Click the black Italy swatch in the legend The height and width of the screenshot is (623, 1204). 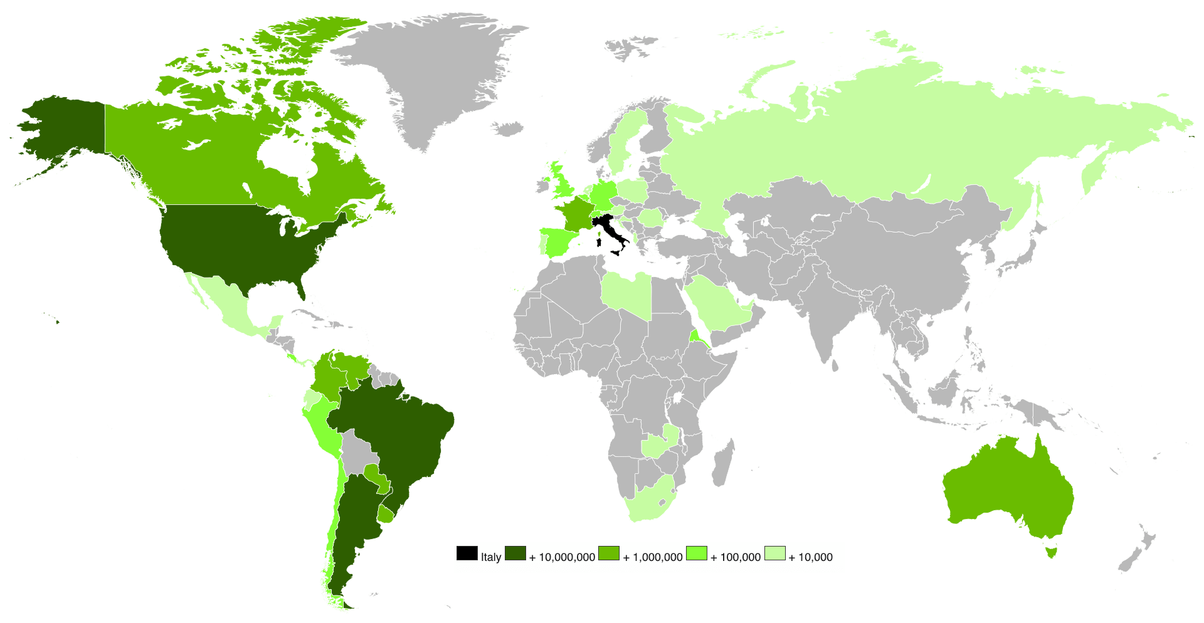pos(467,553)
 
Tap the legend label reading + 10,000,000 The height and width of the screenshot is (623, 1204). pos(562,557)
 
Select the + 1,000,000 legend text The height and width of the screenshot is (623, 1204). pos(652,557)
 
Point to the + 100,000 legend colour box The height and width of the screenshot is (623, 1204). pos(697,553)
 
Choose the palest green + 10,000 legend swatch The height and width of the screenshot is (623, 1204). pos(774,553)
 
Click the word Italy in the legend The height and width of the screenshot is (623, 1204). pos(491,557)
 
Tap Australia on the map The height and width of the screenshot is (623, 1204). pos(1007,489)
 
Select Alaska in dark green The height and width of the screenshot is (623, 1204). pos(63,125)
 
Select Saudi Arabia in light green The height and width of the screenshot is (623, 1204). pos(715,301)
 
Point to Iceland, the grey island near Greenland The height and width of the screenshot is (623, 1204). pos(507,129)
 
